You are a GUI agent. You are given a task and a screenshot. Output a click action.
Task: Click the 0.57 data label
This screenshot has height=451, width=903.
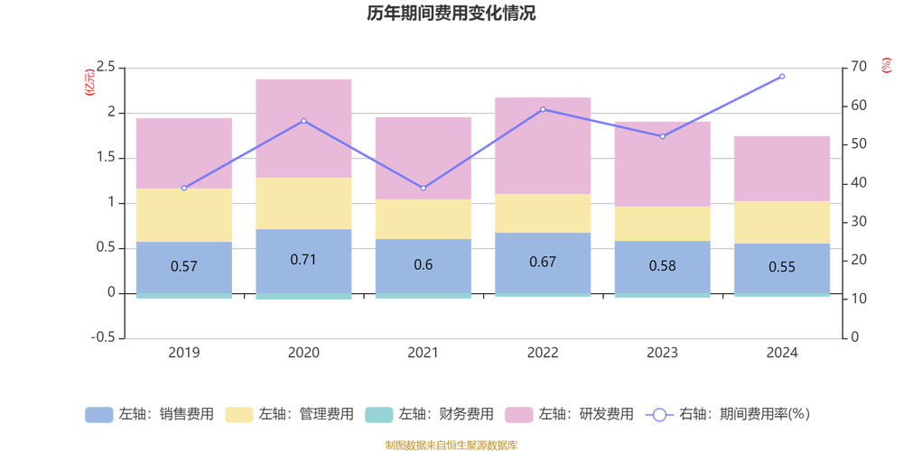click(183, 266)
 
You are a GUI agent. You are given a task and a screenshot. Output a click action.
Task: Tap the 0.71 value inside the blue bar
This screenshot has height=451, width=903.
click(303, 260)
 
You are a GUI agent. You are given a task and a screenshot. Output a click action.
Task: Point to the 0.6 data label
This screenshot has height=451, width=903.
click(423, 265)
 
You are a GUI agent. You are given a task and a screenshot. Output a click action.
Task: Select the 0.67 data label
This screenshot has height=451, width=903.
click(543, 262)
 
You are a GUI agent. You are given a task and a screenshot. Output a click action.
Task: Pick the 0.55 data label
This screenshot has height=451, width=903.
click(781, 267)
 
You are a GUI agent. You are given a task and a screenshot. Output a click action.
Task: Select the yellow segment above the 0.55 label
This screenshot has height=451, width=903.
click(781, 222)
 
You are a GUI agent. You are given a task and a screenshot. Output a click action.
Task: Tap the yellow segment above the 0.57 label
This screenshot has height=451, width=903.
click(183, 215)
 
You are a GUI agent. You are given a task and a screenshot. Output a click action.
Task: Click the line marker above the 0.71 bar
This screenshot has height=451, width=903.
click(303, 121)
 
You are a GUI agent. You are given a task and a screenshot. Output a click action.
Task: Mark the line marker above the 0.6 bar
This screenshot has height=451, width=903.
click(423, 188)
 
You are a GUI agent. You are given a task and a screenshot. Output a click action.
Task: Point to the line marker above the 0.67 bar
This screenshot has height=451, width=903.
click(543, 109)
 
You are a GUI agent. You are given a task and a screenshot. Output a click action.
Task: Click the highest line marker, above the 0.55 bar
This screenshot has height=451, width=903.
click(782, 77)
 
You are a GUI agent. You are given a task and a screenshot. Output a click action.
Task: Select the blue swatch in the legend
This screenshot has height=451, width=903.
click(98, 415)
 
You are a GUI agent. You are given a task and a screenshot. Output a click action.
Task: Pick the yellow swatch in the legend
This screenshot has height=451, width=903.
click(238, 415)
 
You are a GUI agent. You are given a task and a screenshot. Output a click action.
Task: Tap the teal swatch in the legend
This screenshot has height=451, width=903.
click(377, 415)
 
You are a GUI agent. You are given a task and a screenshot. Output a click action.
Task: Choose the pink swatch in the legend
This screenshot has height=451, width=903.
click(517, 415)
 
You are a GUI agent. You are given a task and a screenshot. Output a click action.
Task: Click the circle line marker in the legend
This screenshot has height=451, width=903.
click(659, 415)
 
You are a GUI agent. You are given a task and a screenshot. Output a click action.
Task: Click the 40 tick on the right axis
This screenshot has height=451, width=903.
click(855, 182)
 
